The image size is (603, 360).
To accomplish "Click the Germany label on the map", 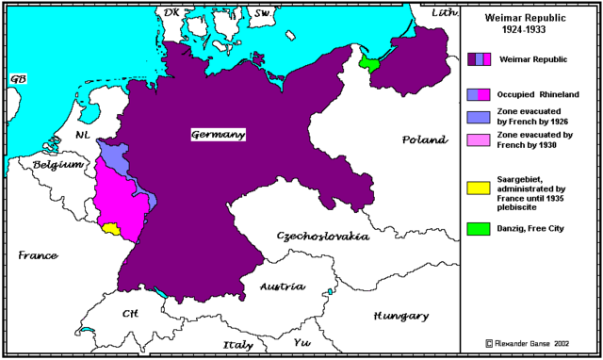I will pyautogui.click(x=219, y=135).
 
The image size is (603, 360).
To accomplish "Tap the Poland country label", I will pyautogui.click(x=424, y=139).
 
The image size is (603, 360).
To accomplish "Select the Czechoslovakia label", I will pyautogui.click(x=322, y=236).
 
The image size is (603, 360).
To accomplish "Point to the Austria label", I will pyautogui.click(x=283, y=286).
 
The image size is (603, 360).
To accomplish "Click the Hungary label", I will pyautogui.click(x=400, y=316).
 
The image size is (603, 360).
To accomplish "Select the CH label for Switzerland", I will pyautogui.click(x=131, y=313).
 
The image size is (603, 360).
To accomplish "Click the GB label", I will pyautogui.click(x=18, y=79).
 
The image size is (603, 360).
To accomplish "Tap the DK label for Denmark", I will pyautogui.click(x=171, y=12).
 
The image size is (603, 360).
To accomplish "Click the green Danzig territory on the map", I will pyautogui.click(x=369, y=63).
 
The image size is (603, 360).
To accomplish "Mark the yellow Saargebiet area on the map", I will pyautogui.click(x=111, y=228).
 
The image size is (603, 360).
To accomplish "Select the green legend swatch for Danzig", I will pyautogui.click(x=480, y=228).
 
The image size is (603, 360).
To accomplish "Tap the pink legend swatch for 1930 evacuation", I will pyautogui.click(x=480, y=140).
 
